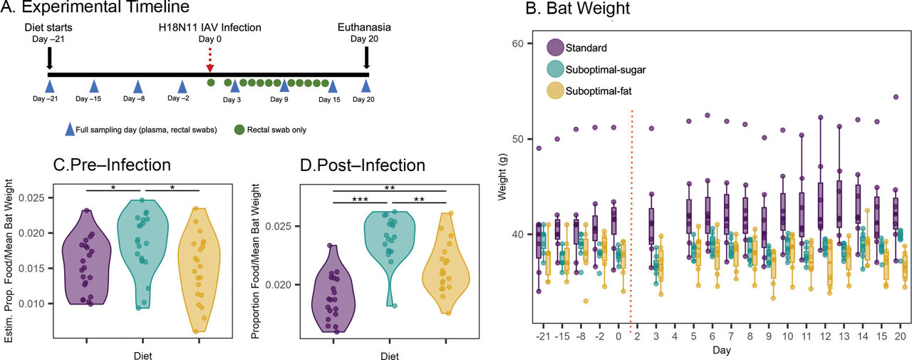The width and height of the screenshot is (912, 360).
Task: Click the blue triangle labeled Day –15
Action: (x=93, y=85)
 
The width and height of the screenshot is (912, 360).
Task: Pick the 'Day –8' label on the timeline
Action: (x=135, y=99)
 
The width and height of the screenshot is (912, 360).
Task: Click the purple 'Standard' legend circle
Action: (x=556, y=49)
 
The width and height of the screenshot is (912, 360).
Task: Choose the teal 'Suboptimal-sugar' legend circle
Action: (x=556, y=70)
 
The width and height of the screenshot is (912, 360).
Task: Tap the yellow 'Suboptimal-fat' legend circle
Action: (x=556, y=91)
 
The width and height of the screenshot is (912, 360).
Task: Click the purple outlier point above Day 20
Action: (x=896, y=97)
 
